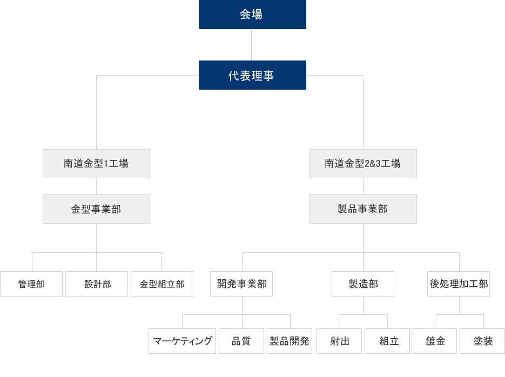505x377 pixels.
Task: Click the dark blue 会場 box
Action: tap(252, 15)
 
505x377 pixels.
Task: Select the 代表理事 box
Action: tap(252, 75)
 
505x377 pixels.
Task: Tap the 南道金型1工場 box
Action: tap(96, 164)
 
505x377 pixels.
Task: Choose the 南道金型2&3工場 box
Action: tap(363, 164)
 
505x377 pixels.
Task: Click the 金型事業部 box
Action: tap(96, 209)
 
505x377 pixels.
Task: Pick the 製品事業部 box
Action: tap(363, 209)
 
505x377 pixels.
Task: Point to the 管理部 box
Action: tap(31, 284)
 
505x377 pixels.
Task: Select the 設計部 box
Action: tap(97, 284)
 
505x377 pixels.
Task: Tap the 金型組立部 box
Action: tap(162, 284)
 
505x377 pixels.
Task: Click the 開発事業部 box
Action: tap(241, 284)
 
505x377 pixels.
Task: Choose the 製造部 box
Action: tap(363, 284)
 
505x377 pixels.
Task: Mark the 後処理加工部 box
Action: tap(459, 284)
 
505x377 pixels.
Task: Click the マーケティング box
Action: tap(183, 341)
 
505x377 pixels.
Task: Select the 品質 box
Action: tap(241, 341)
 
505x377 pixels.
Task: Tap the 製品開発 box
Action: tap(289, 341)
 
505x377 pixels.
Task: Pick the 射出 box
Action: tap(339, 341)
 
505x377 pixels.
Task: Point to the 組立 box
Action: tap(387, 341)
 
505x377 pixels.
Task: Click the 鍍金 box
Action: tap(434, 341)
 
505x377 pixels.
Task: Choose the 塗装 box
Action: tap(482, 341)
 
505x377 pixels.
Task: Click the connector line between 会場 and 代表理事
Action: tap(252, 45)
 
